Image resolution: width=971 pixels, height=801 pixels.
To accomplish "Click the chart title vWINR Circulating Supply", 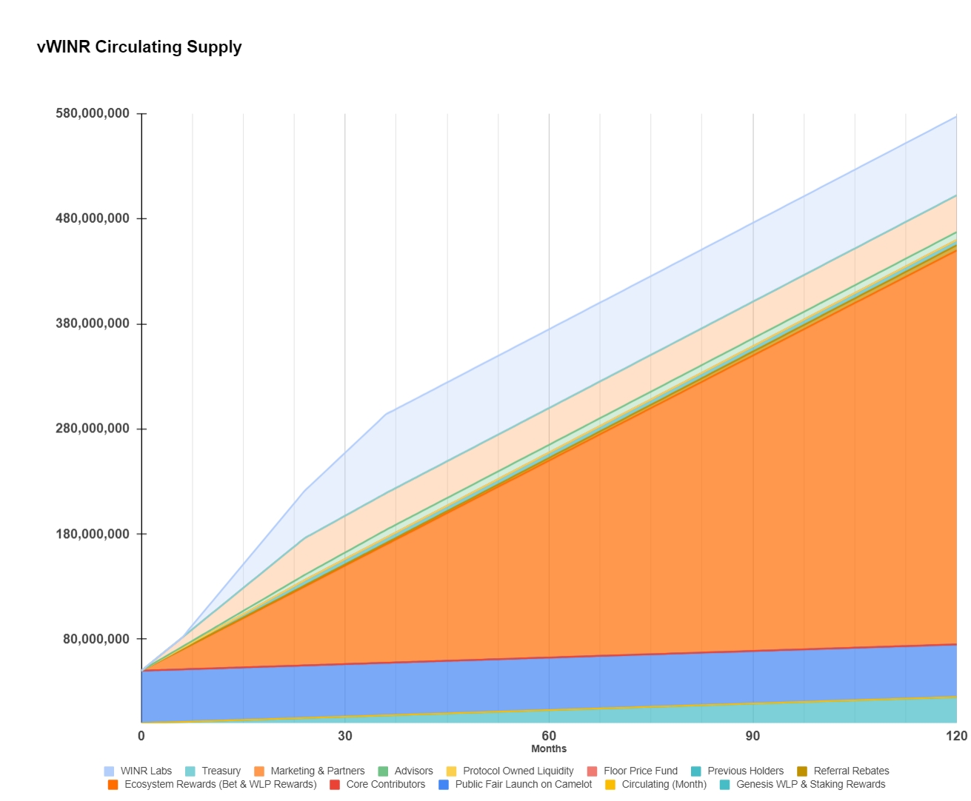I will click(139, 47).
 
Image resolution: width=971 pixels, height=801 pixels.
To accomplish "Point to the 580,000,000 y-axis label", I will click(93, 113).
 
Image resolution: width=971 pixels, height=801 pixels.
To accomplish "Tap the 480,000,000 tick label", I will click(93, 218).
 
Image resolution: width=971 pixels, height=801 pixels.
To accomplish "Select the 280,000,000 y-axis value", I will click(93, 429).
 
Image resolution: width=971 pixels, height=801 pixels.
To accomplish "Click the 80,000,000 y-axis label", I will click(96, 639).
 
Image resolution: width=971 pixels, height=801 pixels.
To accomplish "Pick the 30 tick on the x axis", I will click(345, 736).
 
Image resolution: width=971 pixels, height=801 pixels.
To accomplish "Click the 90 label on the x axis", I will click(753, 736).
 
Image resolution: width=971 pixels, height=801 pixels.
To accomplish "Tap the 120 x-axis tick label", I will click(956, 736).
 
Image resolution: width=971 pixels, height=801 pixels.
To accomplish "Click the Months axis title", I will click(549, 748).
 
